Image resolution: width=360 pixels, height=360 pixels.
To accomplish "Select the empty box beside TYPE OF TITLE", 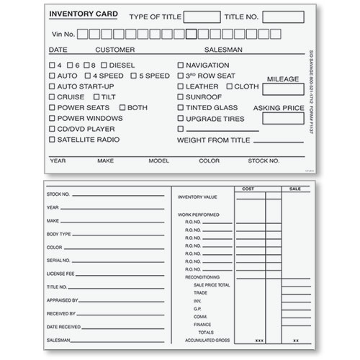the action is pos(202,17).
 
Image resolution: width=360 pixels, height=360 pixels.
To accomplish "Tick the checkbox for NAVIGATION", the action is pos(181,66).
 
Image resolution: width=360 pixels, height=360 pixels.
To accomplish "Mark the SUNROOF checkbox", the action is pos(181,96).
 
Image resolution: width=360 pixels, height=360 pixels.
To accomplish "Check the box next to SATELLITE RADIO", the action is pos(52,140).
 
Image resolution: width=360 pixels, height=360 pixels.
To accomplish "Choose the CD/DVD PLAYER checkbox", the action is pos(52,129).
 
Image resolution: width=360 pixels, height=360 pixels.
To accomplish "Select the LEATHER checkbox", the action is pos(181,86).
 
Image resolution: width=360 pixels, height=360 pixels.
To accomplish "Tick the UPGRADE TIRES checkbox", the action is pos(181,118).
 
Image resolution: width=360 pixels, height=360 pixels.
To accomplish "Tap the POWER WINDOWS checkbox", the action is pos(52,118).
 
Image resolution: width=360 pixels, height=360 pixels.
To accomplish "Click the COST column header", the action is pos(248,189).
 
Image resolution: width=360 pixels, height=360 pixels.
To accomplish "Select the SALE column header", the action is pos(294,189).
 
